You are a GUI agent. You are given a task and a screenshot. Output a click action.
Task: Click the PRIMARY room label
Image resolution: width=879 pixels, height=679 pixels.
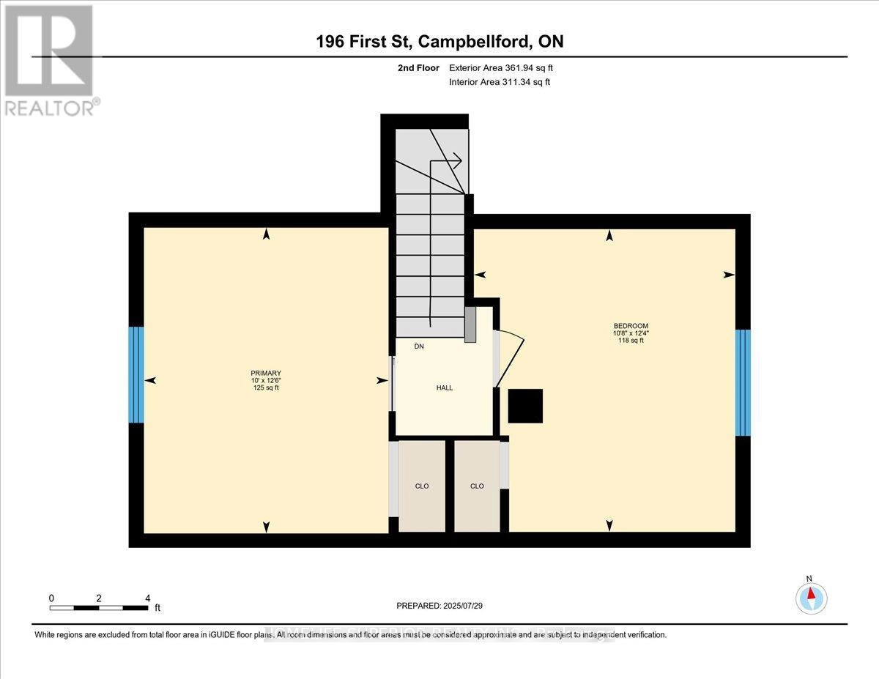coord(264,373)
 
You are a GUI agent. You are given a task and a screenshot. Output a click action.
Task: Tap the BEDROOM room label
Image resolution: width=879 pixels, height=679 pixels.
coord(631,326)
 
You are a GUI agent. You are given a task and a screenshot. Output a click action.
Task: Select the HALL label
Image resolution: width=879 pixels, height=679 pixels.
coord(444,387)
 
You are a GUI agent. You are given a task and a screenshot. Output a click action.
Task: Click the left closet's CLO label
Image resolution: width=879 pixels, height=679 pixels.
coord(422,486)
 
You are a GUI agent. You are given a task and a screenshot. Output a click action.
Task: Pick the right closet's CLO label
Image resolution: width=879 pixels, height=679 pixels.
coord(477,486)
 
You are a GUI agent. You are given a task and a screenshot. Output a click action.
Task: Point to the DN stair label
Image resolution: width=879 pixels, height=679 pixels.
coord(419,346)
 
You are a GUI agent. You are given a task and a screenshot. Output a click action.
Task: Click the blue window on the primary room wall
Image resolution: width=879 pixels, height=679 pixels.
coord(136,375)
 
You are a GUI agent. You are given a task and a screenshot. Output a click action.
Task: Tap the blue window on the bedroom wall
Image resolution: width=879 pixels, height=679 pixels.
coord(743,382)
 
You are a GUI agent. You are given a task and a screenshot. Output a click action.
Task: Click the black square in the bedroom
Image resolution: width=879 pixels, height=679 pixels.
coord(525,406)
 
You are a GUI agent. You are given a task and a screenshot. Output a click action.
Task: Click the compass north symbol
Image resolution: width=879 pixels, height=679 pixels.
coord(810,597)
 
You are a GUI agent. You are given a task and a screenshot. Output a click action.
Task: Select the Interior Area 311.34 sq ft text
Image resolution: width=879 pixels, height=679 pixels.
coord(499,82)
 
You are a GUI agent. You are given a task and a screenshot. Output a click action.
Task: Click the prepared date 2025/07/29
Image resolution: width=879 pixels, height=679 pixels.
coord(439,606)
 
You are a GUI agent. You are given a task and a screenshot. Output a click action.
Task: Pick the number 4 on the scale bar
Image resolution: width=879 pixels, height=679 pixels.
coord(148,598)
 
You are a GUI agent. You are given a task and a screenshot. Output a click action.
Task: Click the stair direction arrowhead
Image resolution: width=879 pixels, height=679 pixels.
coord(457,158)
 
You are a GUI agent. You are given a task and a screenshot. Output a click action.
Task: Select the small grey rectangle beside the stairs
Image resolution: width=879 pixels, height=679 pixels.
coord(470,324)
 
